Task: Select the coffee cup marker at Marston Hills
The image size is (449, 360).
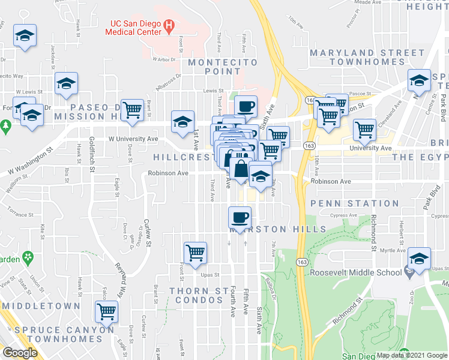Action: pos(240,217)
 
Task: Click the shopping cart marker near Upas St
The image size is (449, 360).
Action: pos(195,253)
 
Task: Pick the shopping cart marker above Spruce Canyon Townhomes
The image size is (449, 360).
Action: pos(106,312)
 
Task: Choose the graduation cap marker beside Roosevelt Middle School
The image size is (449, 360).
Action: pos(419,259)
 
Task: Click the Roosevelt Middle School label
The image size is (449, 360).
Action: pos(356,272)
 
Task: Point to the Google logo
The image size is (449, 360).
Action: pos(20,352)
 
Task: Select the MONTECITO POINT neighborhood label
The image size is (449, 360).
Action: pos(223,67)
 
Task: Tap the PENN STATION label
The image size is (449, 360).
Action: pos(346,203)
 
